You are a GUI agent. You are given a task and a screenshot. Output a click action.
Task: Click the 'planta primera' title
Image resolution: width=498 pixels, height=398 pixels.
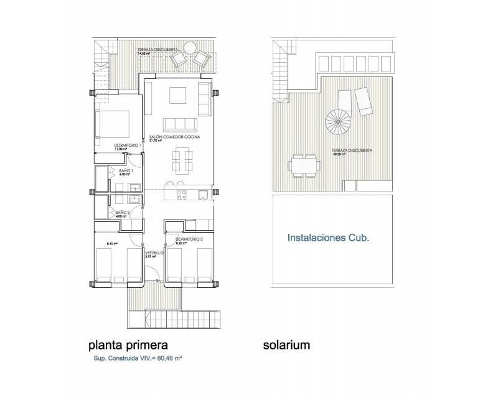point(128,345)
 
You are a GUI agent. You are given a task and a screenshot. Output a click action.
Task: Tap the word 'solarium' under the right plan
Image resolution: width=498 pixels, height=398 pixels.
point(286,345)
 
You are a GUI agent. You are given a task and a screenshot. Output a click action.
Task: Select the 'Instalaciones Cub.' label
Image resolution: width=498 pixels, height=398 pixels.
point(329,237)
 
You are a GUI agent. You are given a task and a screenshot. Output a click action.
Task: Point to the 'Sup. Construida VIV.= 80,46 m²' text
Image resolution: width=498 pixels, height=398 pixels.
point(128,359)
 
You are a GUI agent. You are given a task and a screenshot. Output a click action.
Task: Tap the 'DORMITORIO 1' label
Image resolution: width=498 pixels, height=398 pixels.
point(126,145)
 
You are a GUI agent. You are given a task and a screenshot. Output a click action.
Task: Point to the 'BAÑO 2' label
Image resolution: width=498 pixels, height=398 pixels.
point(122,212)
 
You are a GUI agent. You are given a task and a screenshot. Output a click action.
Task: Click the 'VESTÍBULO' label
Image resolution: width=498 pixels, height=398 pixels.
point(154,253)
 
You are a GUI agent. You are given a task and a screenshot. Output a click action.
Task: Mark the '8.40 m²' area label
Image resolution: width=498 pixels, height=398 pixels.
point(112,244)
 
